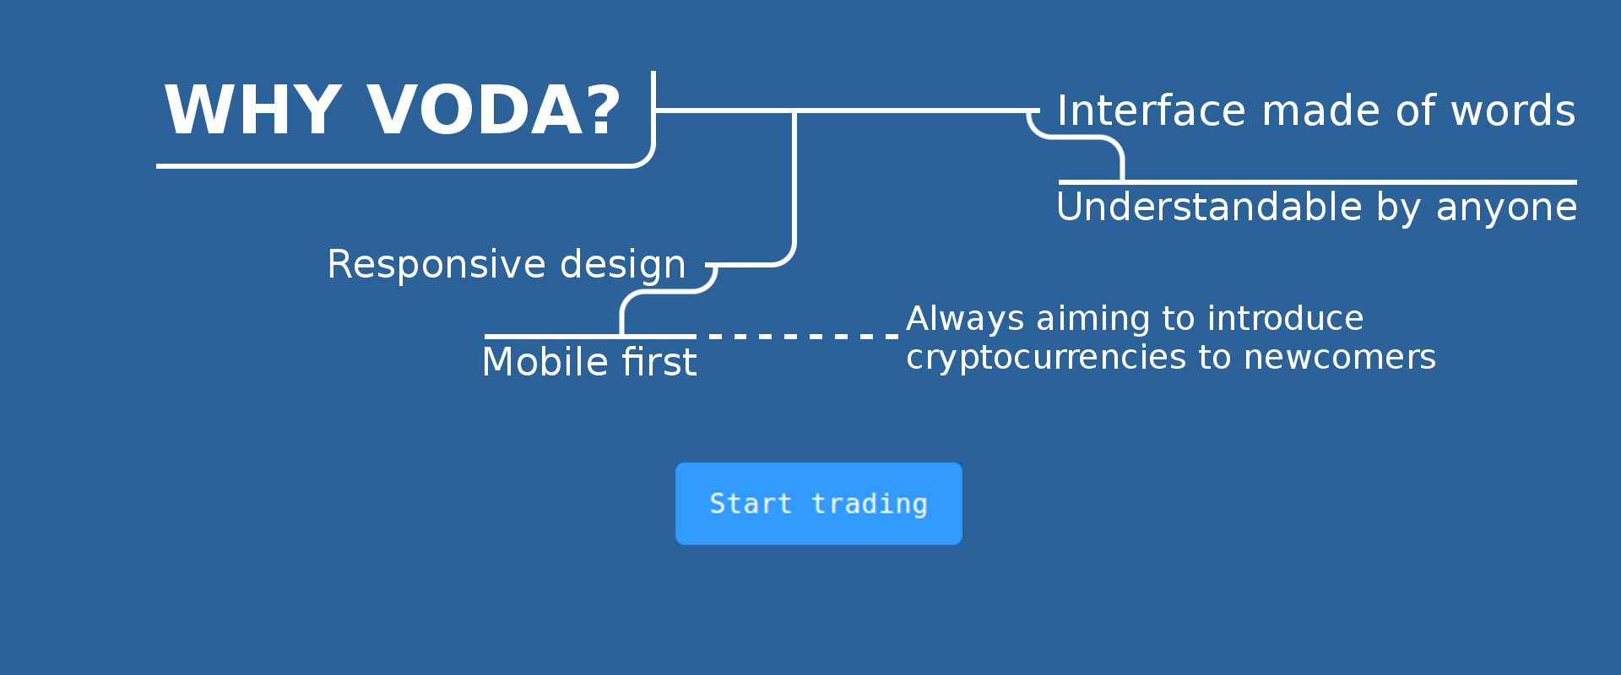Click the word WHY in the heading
(252, 110)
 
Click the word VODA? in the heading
(494, 110)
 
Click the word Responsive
(436, 266)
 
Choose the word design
(623, 266)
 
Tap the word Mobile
(545, 362)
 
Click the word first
(659, 362)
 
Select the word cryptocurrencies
(1046, 358)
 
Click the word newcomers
(1340, 358)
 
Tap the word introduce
(1285, 318)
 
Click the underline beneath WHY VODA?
(393, 166)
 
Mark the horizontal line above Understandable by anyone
(1318, 181)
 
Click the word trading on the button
(870, 504)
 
